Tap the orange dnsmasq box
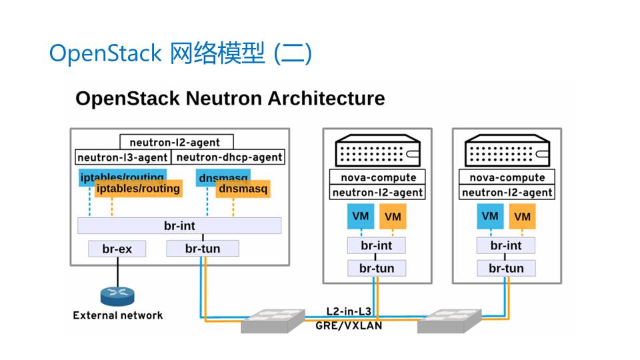click(243, 190)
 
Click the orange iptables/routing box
click(139, 189)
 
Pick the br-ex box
click(117, 249)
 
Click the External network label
click(117, 315)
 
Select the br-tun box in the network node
click(202, 249)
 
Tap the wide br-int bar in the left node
click(179, 225)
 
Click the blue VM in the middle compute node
click(361, 217)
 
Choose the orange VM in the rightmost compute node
click(523, 217)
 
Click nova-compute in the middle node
click(378, 177)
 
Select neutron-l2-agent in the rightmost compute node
click(507, 192)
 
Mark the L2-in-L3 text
click(349, 311)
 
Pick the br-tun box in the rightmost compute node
click(506, 269)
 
